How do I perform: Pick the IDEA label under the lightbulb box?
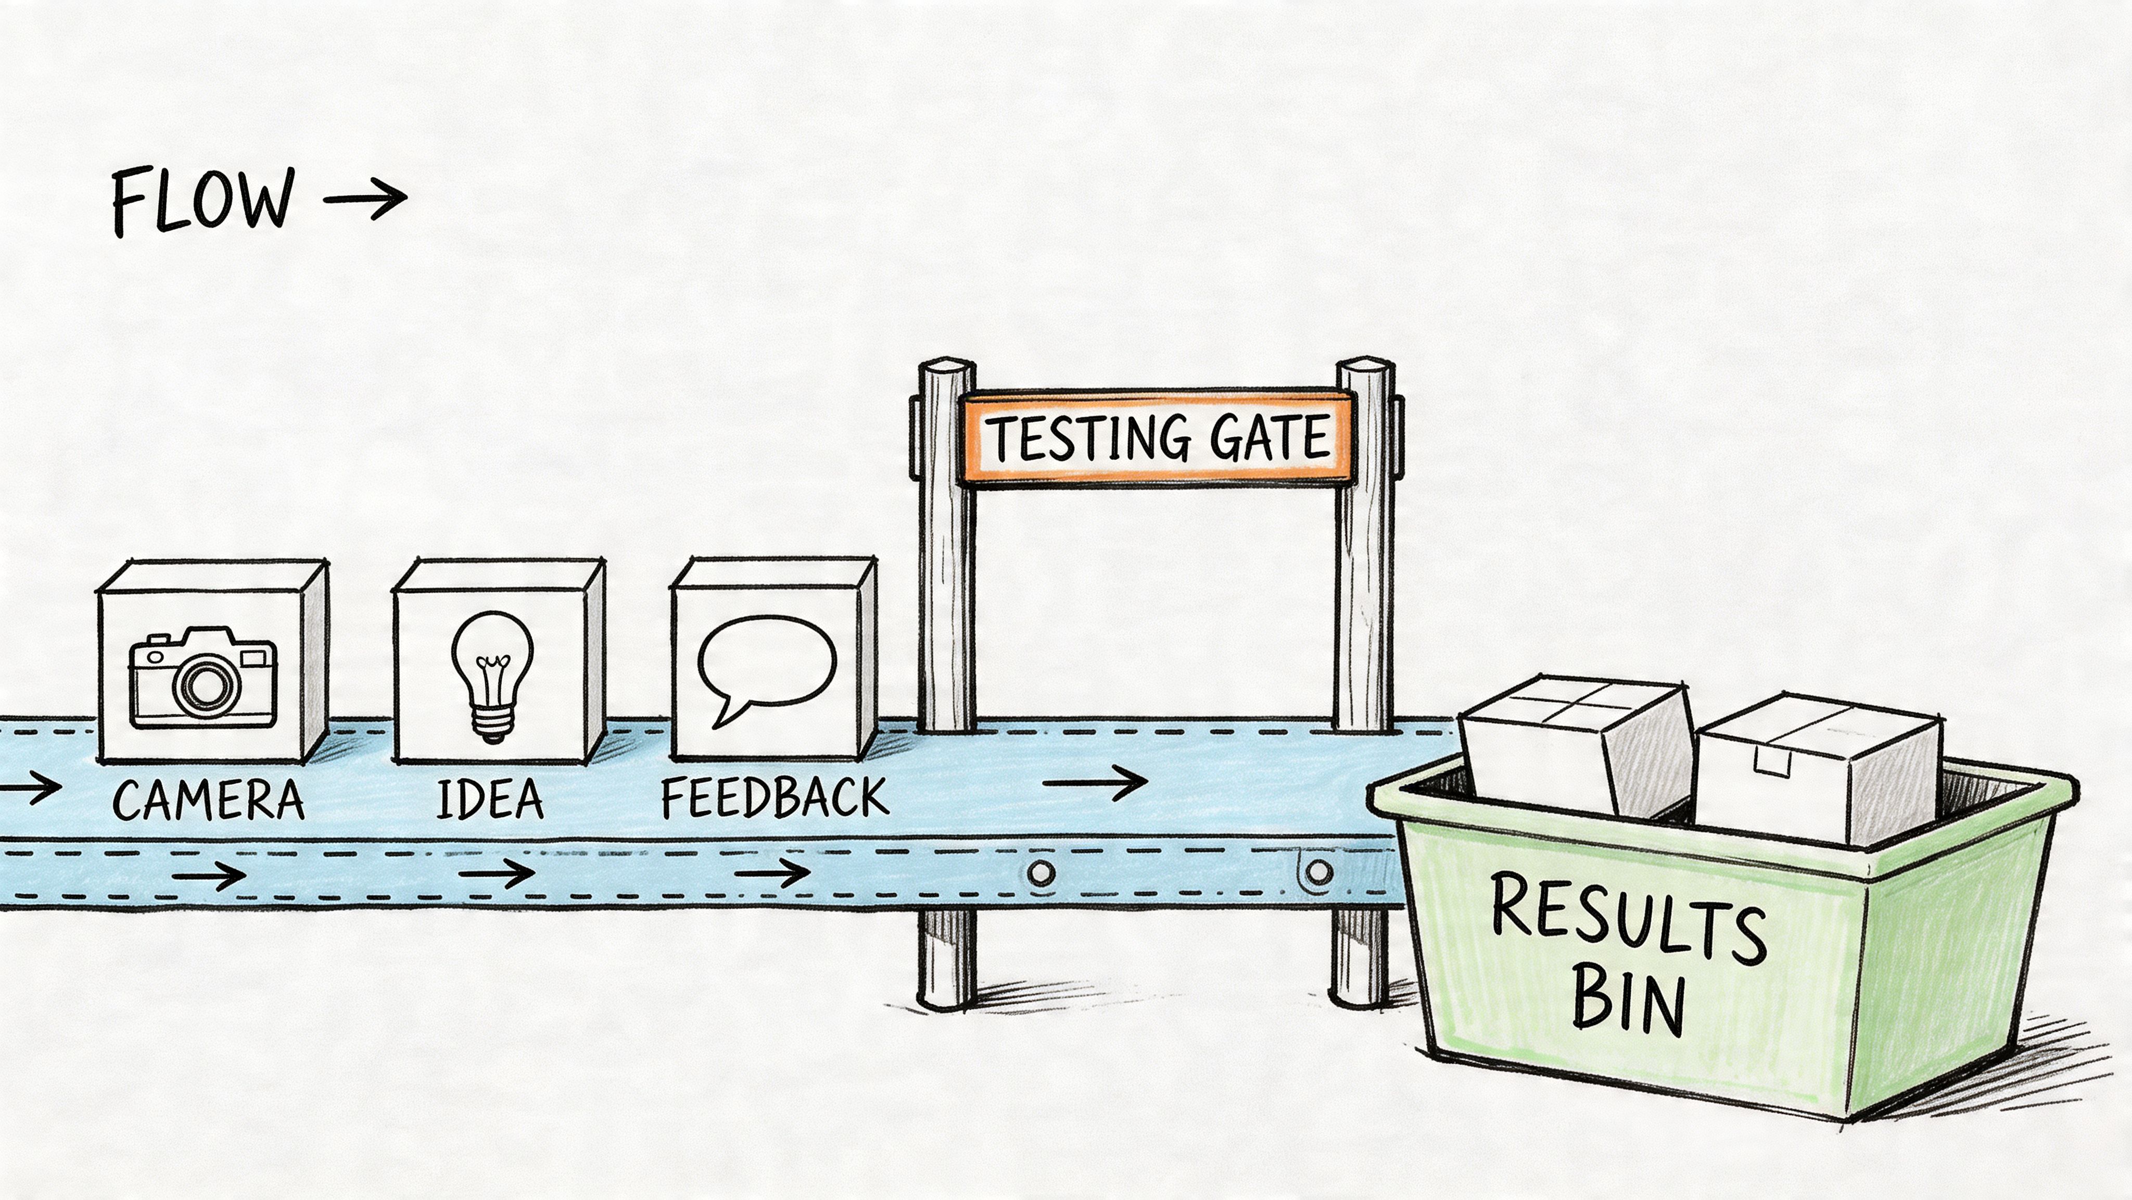pos(490,799)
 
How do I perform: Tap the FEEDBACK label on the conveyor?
pos(775,797)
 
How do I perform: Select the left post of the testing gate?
pos(946,580)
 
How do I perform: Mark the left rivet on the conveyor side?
pos(1042,872)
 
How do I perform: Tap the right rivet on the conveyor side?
pos(1318,871)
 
